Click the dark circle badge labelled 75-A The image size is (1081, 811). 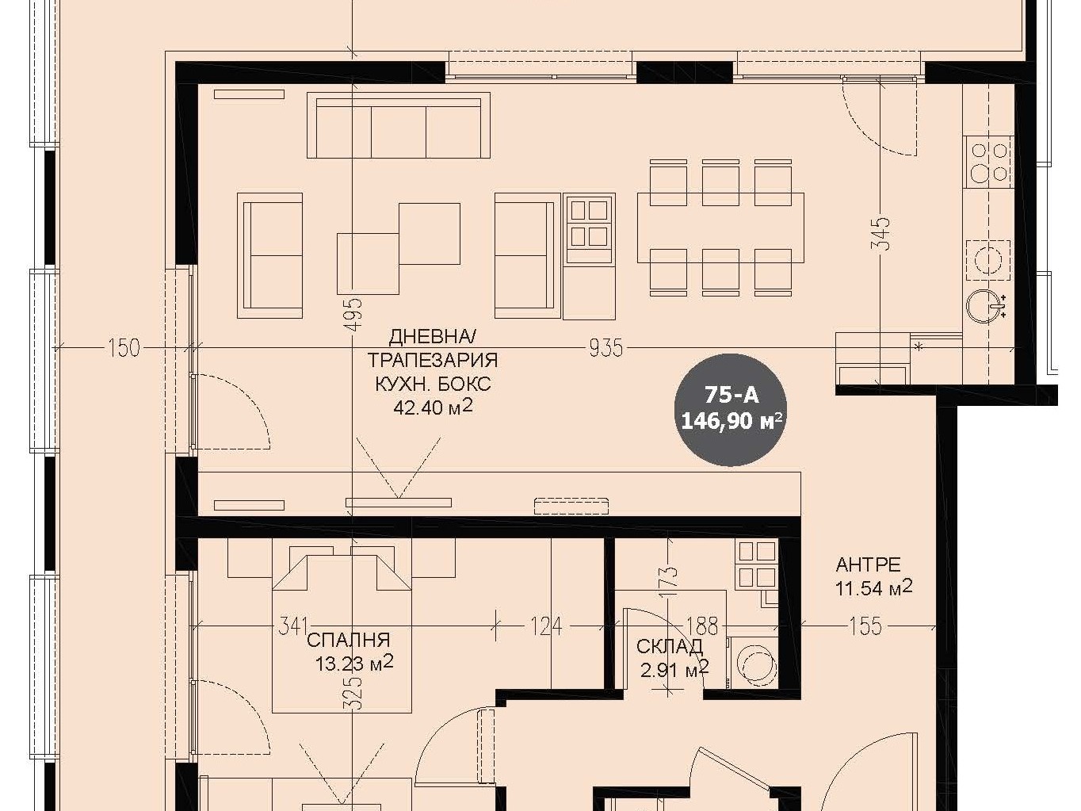click(730, 410)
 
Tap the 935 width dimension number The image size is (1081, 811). click(605, 348)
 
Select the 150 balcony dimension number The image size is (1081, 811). click(124, 348)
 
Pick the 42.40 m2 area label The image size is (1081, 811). click(433, 407)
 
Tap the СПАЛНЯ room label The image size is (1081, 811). click(348, 641)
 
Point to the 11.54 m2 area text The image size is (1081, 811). click(873, 588)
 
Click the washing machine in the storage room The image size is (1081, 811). click(753, 663)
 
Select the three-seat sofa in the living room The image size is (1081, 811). click(399, 125)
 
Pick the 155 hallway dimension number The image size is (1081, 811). click(865, 626)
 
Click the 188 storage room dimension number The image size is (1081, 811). click(702, 626)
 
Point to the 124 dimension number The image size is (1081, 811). click(546, 626)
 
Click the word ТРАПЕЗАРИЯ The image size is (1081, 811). click(433, 360)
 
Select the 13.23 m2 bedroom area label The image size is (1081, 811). click(354, 664)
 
